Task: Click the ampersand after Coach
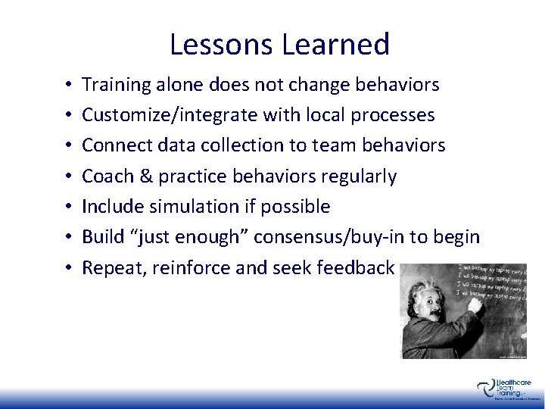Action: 139,176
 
